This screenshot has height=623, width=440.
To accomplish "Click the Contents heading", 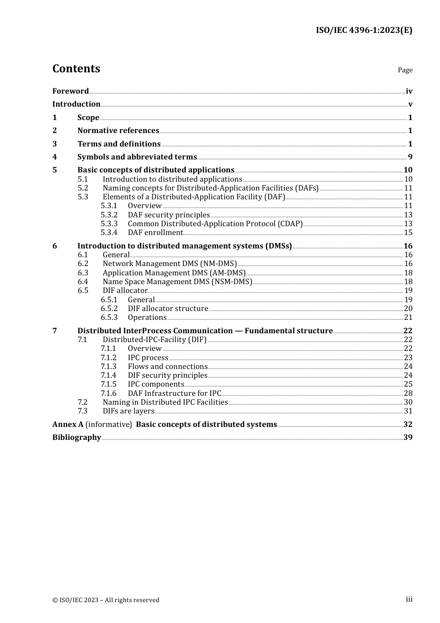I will pyautogui.click(x=76, y=69).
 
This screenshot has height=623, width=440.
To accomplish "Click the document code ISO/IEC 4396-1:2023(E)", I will pyautogui.click(x=364, y=31).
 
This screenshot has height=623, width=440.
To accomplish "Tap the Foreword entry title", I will pyautogui.click(x=70, y=91).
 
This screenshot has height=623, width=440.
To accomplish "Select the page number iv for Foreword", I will pyautogui.click(x=409, y=91).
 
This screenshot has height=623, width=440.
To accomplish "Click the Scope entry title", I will pyautogui.click(x=88, y=118).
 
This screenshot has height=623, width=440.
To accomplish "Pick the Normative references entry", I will pyautogui.click(x=118, y=131).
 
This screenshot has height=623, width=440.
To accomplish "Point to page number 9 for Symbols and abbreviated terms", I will pyautogui.click(x=410, y=157).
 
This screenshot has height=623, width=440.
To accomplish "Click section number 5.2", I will pyautogui.click(x=83, y=188).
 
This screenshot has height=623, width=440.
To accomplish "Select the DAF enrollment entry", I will pyautogui.click(x=155, y=233).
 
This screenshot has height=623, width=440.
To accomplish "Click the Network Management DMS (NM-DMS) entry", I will pyautogui.click(x=170, y=264).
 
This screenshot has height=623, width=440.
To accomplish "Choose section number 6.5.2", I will pyautogui.click(x=109, y=309).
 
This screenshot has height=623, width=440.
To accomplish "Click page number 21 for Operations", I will pyautogui.click(x=408, y=318).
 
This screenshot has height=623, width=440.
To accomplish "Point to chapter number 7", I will pyautogui.click(x=55, y=331).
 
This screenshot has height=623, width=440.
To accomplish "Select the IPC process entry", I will pyautogui.click(x=148, y=358).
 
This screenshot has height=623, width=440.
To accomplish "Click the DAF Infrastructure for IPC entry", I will pyautogui.click(x=174, y=394).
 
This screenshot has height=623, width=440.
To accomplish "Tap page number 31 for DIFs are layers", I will pyautogui.click(x=408, y=411).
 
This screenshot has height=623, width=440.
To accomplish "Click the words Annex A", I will pyautogui.click(x=68, y=425).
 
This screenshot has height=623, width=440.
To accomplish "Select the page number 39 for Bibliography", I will pyautogui.click(x=408, y=438).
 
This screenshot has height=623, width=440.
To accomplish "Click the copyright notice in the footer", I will pyautogui.click(x=106, y=600).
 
